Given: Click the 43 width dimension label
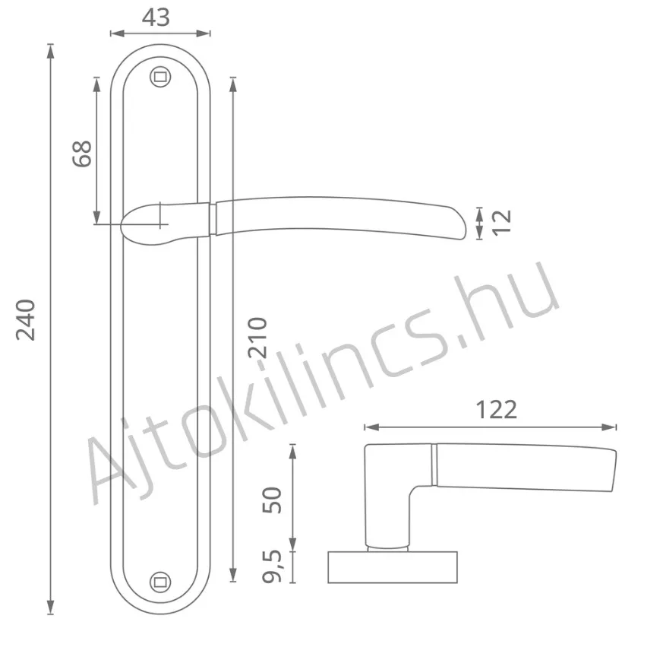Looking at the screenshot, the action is point(156,17).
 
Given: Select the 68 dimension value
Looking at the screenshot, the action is point(82,154).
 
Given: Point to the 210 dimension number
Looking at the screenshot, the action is point(257,338).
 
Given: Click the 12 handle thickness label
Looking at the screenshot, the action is point(502,221).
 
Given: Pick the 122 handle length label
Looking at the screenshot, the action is point(497,410).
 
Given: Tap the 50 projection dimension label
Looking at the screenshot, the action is point(272,500).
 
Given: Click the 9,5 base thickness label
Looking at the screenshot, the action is point(272,566).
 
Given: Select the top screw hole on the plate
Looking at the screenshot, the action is point(160,77).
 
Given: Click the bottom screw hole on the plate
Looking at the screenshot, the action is point(160,582).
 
